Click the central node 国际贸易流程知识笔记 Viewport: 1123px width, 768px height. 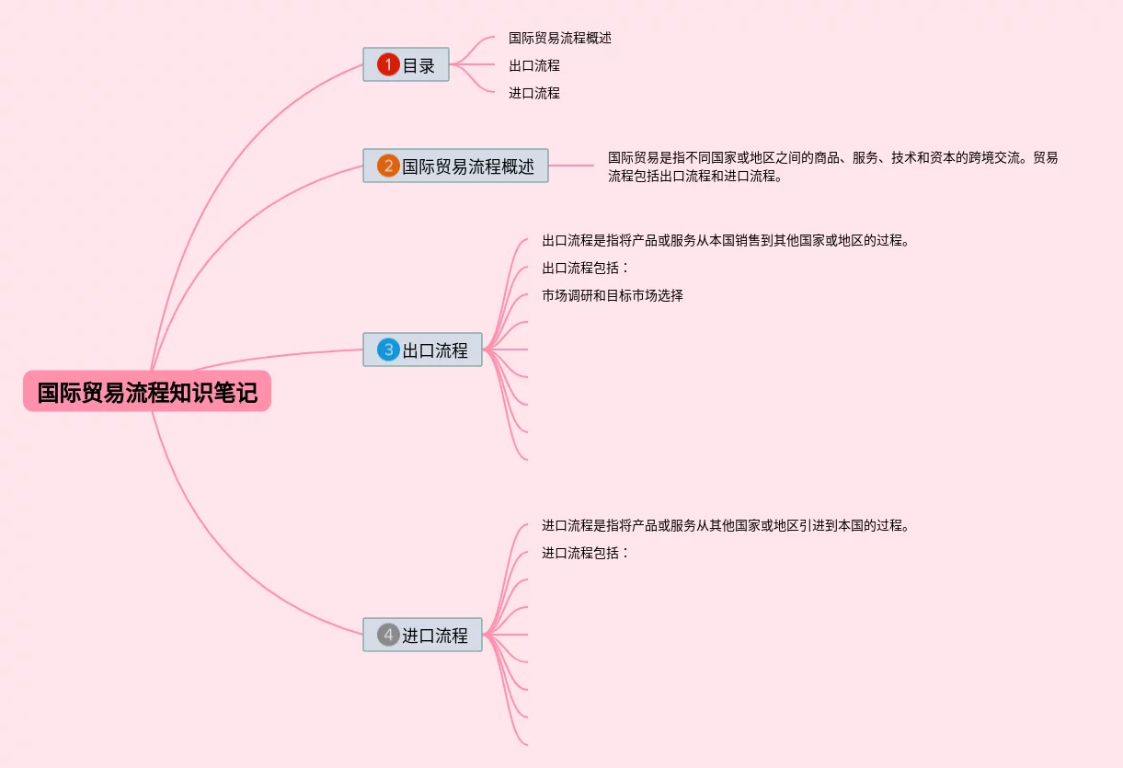point(147,392)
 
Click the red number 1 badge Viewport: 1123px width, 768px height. point(388,64)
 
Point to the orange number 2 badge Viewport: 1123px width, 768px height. point(388,166)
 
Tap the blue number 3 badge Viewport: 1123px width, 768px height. point(388,350)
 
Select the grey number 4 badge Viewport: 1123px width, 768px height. point(388,635)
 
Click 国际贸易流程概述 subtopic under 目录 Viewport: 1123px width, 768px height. point(559,38)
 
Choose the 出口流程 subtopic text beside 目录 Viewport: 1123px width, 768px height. point(533,65)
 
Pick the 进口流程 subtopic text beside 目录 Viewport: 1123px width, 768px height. point(533,93)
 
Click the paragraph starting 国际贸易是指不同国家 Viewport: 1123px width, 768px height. point(832,166)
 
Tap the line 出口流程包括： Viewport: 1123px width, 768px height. point(585,269)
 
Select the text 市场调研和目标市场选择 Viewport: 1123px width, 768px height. point(612,296)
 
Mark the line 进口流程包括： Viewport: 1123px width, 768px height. point(585,554)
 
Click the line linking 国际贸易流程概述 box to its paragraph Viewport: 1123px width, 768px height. point(571,166)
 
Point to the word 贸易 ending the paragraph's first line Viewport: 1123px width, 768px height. point(1046,157)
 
